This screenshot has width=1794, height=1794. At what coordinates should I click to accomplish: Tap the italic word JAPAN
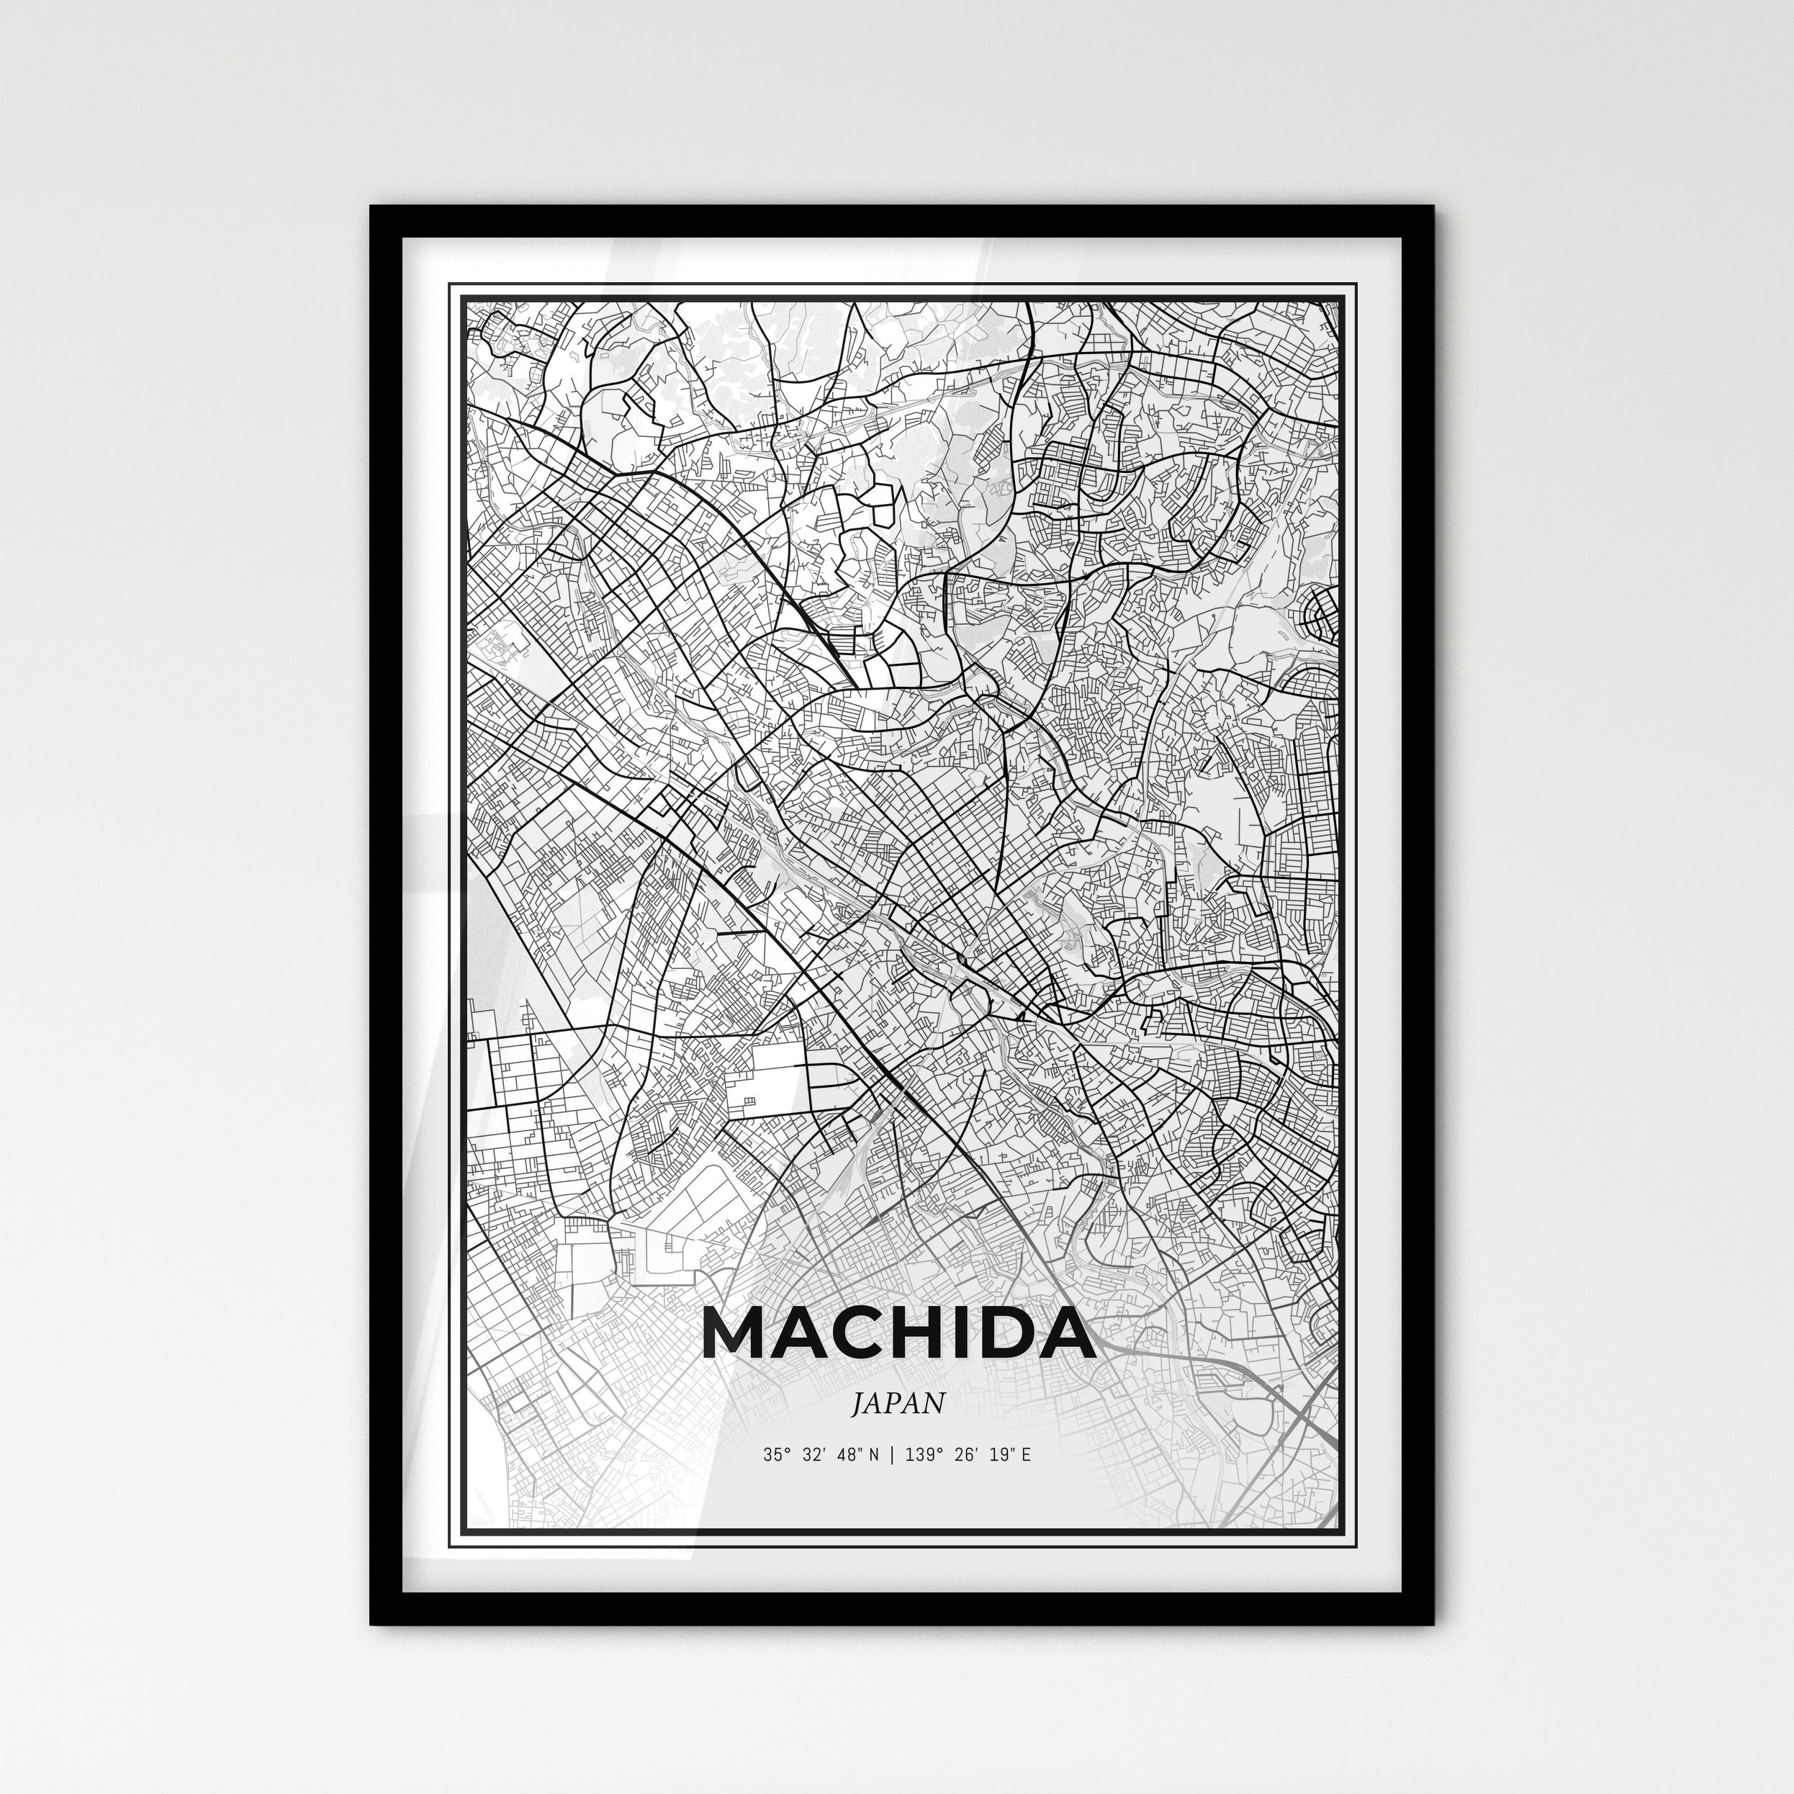pyautogui.click(x=898, y=1404)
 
